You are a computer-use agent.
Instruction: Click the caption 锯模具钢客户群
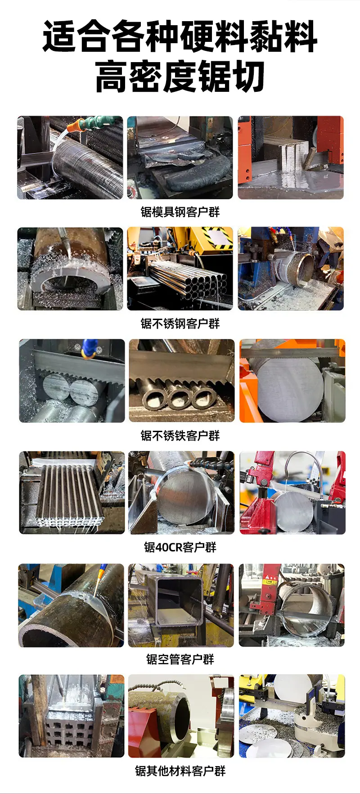(x=180, y=212)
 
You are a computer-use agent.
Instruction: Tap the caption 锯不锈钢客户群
(x=180, y=323)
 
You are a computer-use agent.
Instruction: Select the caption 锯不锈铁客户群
(x=180, y=435)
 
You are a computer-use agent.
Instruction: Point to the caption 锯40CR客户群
(x=180, y=547)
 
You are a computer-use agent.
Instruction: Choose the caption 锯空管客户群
(x=180, y=659)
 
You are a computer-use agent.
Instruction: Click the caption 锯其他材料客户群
(x=180, y=771)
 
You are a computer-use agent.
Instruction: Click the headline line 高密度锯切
(x=180, y=77)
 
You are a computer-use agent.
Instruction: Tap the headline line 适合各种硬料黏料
(x=180, y=36)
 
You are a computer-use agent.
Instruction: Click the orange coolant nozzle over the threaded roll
(x=80, y=124)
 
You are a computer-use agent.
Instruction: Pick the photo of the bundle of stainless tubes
(x=180, y=268)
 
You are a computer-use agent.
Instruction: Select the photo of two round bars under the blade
(x=72, y=381)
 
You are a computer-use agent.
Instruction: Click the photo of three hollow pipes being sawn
(x=182, y=381)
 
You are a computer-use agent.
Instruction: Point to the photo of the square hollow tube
(x=181, y=605)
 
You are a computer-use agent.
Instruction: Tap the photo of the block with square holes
(x=72, y=716)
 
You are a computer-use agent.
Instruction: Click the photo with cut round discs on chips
(x=292, y=716)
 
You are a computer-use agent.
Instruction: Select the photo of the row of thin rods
(x=72, y=493)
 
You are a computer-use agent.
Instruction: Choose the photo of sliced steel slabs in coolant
(x=291, y=158)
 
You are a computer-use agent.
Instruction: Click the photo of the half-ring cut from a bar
(x=70, y=268)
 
